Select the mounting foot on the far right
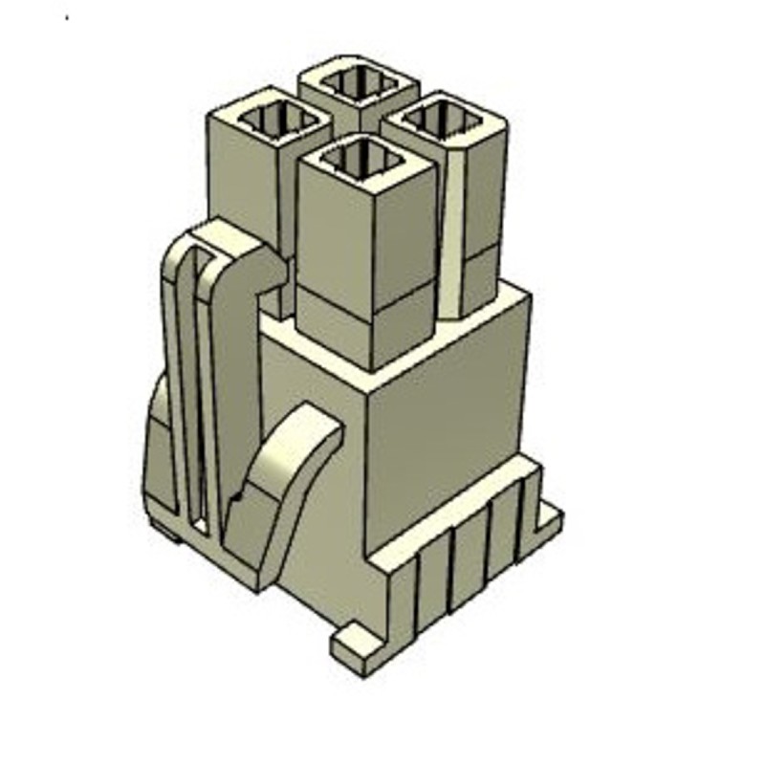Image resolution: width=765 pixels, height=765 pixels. [548, 516]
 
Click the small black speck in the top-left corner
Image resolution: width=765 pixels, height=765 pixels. [67, 17]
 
